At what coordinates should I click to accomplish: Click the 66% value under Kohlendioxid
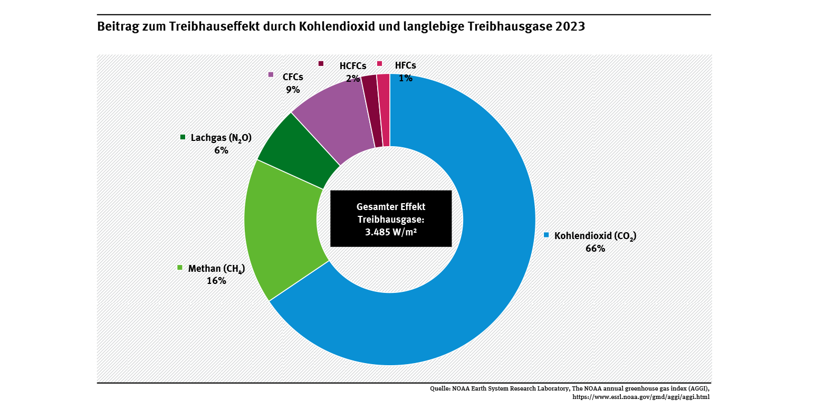(x=595, y=249)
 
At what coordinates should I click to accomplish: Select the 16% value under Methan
(x=216, y=281)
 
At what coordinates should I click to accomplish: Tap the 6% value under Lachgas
(x=221, y=150)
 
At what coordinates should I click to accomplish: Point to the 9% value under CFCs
(x=293, y=89)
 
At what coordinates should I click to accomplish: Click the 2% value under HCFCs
(x=352, y=78)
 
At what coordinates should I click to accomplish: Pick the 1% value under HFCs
(x=405, y=78)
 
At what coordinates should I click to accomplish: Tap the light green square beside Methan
(x=179, y=267)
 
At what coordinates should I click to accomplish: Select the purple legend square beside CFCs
(x=271, y=74)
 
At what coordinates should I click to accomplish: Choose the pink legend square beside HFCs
(x=379, y=64)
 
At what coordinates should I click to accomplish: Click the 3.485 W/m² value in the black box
(x=391, y=232)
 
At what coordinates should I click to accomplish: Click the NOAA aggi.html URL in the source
(x=641, y=396)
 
